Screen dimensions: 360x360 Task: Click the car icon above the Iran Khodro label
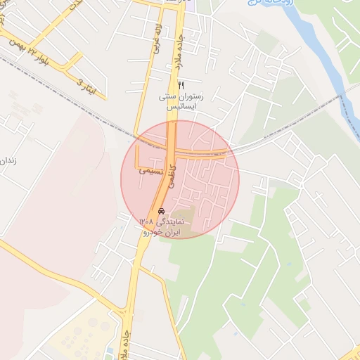[x=162, y=211]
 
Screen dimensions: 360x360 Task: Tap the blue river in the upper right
[x=320, y=49]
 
